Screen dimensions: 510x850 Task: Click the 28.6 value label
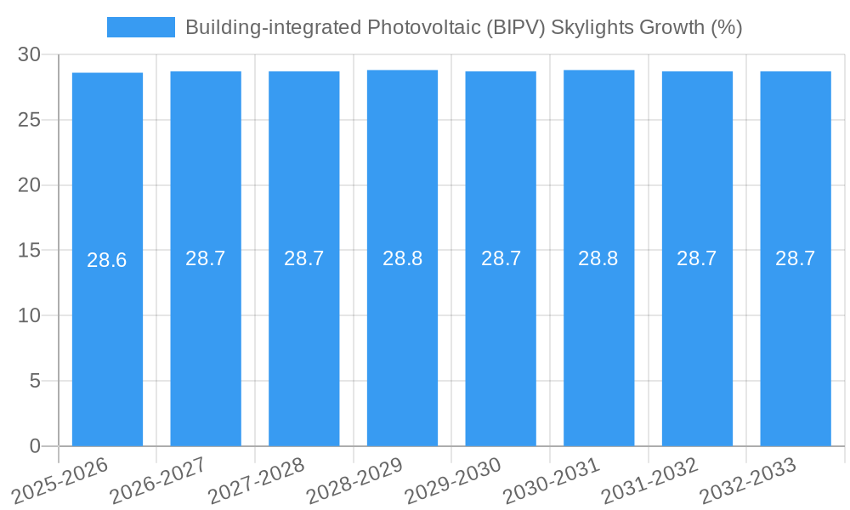(107, 260)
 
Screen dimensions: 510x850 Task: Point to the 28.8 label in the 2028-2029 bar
(402, 258)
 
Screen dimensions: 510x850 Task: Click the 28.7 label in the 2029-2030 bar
(501, 258)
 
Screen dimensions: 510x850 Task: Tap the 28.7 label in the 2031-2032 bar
(697, 258)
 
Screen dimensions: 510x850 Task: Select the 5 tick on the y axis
(35, 381)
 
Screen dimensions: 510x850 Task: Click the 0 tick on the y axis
(35, 446)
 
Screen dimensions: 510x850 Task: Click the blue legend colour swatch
(140, 27)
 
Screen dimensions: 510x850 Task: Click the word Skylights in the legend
(592, 27)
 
